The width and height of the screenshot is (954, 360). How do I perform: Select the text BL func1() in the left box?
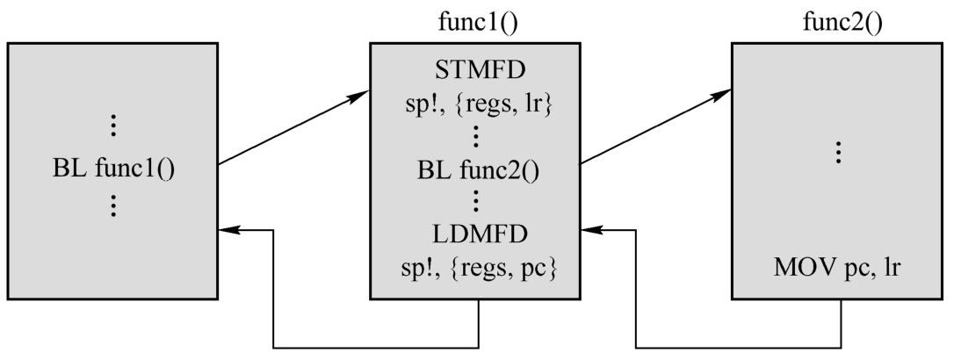[x=115, y=167]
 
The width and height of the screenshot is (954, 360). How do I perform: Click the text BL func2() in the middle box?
[x=474, y=166]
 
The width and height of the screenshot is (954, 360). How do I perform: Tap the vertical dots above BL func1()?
[x=115, y=126]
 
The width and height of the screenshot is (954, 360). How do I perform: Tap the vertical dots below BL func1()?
[x=115, y=206]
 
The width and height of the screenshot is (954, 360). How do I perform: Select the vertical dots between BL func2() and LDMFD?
[x=474, y=201]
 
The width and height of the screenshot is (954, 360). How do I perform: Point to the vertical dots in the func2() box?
[x=838, y=153]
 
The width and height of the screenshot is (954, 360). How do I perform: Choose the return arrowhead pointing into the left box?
[x=227, y=231]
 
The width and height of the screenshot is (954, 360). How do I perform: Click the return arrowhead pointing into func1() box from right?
[x=590, y=231]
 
